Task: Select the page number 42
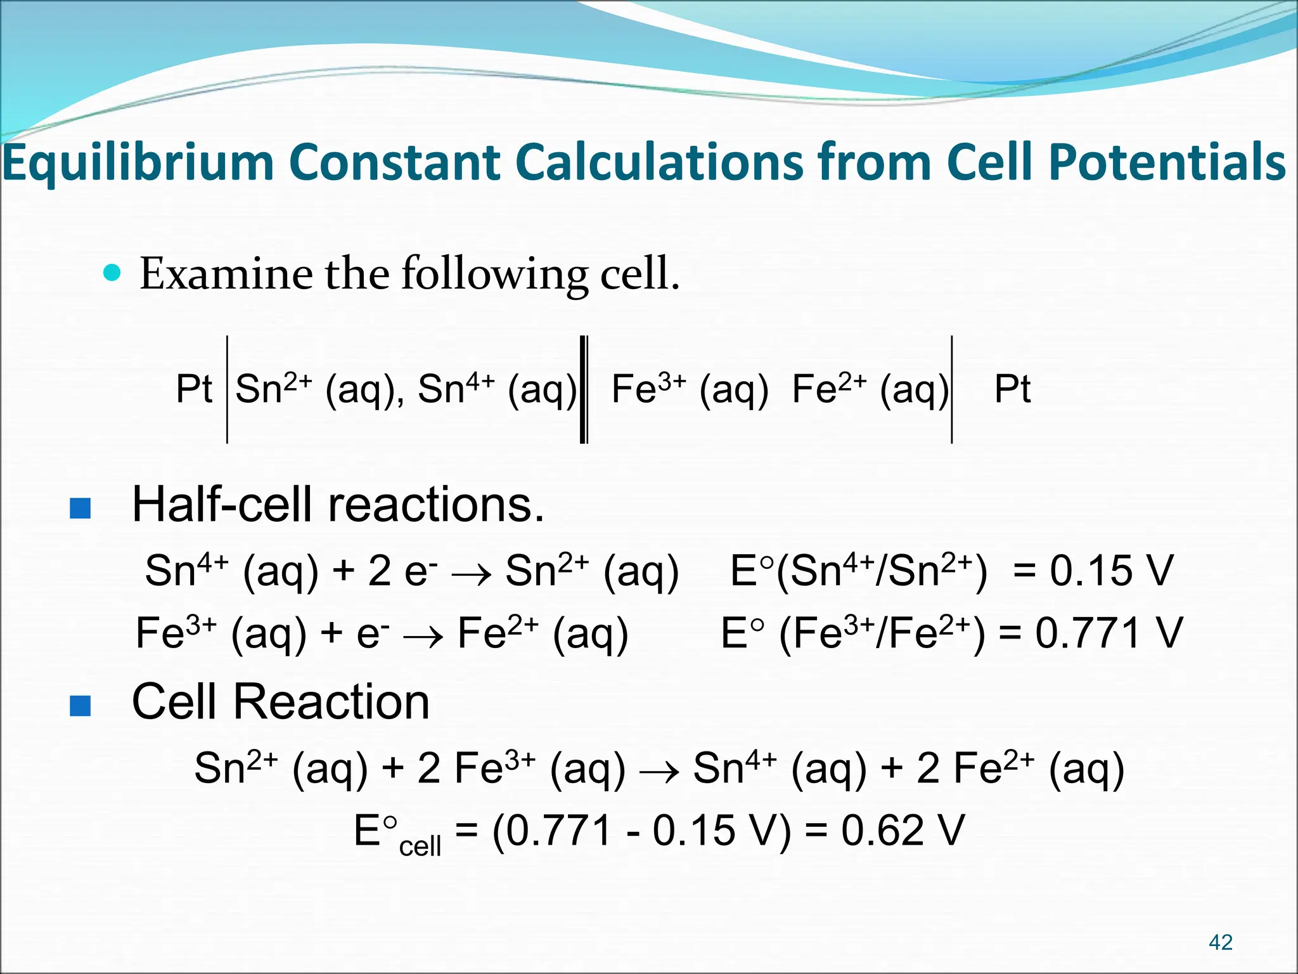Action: [x=1220, y=942]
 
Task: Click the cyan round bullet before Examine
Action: [x=112, y=273]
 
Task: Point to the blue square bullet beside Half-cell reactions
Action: [x=80, y=508]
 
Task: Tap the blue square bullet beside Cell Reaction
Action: [x=80, y=705]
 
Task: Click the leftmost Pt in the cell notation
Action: [x=194, y=389]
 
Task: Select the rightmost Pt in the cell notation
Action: [x=1012, y=389]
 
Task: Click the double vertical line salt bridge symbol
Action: [x=584, y=389]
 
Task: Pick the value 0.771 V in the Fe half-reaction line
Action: [x=1108, y=633]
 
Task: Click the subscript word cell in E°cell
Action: [x=420, y=846]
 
